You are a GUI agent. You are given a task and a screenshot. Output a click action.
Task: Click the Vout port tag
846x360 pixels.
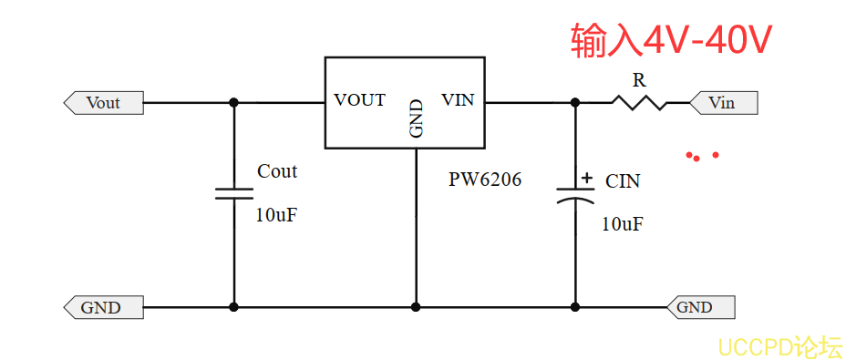tap(104, 103)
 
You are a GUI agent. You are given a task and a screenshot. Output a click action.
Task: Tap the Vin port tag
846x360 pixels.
tap(723, 103)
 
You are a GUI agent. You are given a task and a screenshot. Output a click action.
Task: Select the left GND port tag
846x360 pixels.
tap(104, 308)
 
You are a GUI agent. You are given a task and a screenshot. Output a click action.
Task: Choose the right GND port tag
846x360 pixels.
tap(700, 307)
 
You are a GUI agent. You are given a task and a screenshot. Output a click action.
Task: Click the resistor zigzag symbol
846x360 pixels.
tap(639, 102)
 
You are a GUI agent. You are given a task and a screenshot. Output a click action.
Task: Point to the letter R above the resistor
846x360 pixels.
tap(639, 80)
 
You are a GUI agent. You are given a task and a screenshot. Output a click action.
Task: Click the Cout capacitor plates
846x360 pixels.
tap(233, 194)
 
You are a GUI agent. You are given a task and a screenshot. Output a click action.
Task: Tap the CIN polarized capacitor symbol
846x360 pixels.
tap(575, 195)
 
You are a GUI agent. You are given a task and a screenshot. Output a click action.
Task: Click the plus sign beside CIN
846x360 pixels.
tap(587, 177)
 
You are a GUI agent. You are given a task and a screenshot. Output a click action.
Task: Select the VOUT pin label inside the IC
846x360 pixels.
tap(359, 100)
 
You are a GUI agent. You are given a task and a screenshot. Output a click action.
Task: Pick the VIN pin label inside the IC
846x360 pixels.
tap(458, 100)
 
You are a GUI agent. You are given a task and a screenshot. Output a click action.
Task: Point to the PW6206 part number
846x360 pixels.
tap(485, 180)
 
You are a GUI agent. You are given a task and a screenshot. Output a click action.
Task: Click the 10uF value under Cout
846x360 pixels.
tap(276, 215)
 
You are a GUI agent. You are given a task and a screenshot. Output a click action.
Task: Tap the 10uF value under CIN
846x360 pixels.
tap(623, 224)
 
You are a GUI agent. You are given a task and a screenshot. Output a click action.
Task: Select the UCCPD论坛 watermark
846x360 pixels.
tap(780, 346)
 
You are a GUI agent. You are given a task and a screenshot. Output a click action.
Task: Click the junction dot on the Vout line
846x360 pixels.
tap(233, 102)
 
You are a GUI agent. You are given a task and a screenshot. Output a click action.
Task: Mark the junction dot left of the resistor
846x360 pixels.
tap(575, 102)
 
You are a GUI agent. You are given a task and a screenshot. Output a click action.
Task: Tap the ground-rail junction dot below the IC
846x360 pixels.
tap(416, 307)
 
